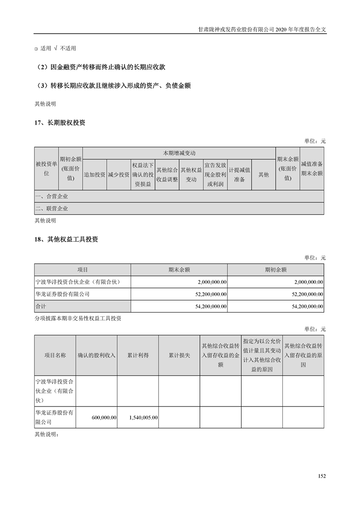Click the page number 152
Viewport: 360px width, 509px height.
(x=322, y=476)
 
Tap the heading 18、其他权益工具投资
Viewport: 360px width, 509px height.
(x=66, y=240)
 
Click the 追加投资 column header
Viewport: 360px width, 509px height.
(x=94, y=175)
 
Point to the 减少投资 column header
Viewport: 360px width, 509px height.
(x=118, y=175)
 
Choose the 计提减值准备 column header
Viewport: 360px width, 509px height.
(x=239, y=175)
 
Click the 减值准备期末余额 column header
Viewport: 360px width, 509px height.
(x=312, y=169)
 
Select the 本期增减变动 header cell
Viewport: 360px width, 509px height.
(x=179, y=153)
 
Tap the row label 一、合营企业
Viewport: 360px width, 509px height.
(x=51, y=196)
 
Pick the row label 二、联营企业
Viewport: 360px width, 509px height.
(x=51, y=209)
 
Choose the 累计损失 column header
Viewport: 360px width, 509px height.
(x=179, y=356)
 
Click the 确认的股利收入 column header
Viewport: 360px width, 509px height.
(x=97, y=356)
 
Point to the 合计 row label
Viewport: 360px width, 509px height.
(x=41, y=307)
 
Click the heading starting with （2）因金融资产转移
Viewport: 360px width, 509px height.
(x=100, y=67)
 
